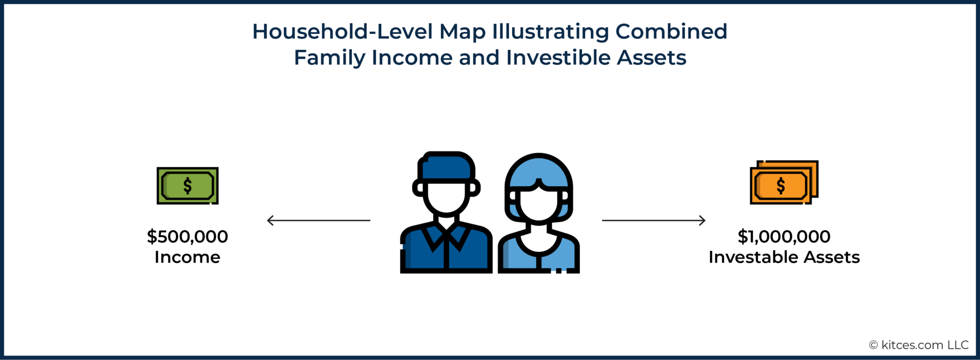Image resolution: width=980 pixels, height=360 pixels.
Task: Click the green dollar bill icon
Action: coord(187,186)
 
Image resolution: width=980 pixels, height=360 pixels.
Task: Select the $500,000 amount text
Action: coord(187,237)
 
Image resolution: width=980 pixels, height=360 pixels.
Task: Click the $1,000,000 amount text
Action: coord(784,237)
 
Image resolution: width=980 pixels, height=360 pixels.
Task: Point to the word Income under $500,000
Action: coord(187,257)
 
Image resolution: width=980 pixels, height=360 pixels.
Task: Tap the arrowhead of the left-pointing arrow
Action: coord(269,220)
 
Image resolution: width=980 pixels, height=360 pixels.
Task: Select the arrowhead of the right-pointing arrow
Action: coord(703,220)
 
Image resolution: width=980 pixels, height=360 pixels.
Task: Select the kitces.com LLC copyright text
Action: coord(919,345)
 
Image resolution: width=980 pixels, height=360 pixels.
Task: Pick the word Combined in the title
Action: coord(671,32)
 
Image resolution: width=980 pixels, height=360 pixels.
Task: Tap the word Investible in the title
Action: coord(558,58)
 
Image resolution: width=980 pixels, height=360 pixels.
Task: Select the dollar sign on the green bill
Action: coord(187,186)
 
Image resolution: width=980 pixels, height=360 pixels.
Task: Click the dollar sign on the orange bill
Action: coord(781,186)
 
